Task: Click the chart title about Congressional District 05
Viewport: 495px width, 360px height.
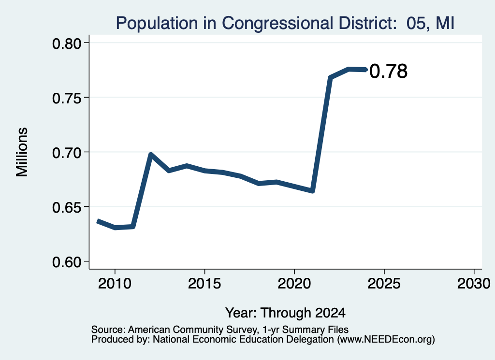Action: coord(285,23)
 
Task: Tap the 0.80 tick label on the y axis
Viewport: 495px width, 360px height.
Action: coord(66,43)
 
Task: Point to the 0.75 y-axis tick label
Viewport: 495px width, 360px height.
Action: coord(66,98)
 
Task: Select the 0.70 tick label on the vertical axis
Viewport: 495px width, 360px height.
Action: coord(66,153)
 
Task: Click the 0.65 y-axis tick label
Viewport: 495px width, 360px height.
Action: coord(66,207)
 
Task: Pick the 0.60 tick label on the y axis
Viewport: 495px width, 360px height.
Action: coord(66,262)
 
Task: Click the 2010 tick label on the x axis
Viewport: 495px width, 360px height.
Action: coord(115,283)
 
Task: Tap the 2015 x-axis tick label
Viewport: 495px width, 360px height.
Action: coord(204,283)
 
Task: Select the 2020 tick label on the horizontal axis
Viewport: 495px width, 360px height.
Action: coord(294,283)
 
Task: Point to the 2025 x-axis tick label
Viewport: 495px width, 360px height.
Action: coord(384,283)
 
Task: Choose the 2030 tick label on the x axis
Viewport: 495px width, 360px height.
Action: coord(474,283)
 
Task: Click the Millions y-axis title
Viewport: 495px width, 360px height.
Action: coord(22,152)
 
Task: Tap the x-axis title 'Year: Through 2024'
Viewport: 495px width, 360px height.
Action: coord(285,313)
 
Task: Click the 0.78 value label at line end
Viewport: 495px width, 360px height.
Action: coord(388,71)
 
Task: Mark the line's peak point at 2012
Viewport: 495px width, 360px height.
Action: coord(151,154)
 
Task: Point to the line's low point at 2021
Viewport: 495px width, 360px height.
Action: coord(312,191)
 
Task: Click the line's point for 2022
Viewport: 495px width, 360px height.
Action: coord(330,77)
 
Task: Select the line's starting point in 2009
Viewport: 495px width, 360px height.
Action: coord(97,221)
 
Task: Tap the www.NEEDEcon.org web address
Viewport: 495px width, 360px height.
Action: coord(386,340)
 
